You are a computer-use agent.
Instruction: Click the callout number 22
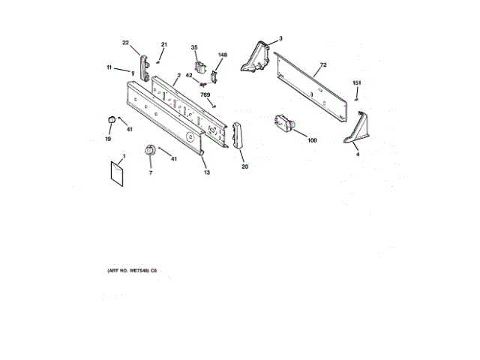(x=126, y=43)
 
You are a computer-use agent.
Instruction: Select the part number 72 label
(x=323, y=66)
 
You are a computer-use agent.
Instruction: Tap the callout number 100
(x=312, y=140)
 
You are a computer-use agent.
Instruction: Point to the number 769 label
(x=205, y=94)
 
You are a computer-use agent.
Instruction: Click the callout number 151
(x=357, y=82)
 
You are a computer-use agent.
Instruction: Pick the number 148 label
(x=222, y=55)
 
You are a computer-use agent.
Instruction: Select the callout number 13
(x=206, y=172)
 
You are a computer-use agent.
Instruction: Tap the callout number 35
(x=194, y=48)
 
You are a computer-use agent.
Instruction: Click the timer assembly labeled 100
(x=283, y=123)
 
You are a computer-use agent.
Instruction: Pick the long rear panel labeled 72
(x=311, y=86)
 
